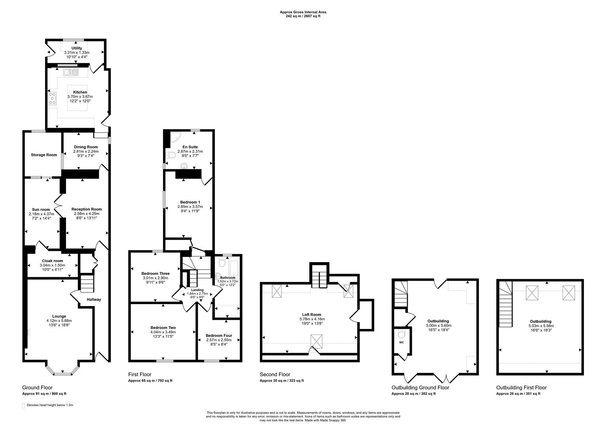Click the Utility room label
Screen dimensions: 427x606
[x=77, y=48]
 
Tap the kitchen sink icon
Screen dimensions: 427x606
[x=71, y=72]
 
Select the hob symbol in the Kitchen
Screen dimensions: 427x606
[x=52, y=98]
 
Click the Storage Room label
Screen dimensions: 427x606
[x=44, y=155]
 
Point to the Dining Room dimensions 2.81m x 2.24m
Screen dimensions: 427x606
[x=86, y=151]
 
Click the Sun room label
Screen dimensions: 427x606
[x=41, y=210]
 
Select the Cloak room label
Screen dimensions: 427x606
[x=52, y=261]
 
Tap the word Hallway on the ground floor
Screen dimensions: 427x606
[x=94, y=299]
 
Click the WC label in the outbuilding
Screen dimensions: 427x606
[x=401, y=342]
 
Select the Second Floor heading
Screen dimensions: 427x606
[x=275, y=374]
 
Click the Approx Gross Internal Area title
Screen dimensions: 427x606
[x=303, y=12]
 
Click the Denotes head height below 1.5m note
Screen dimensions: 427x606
[x=49, y=405]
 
